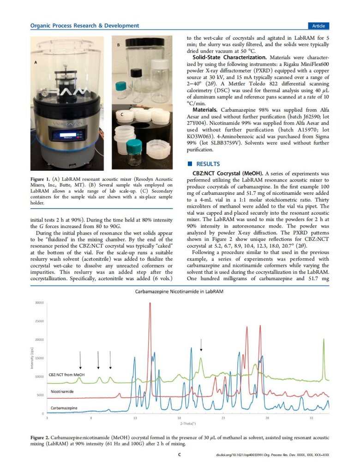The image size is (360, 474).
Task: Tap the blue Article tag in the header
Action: (x=318, y=26)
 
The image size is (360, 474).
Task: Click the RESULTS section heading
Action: (x=209, y=164)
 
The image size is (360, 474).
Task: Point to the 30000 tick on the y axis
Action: (x=38, y=303)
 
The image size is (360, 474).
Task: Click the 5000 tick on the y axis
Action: (x=40, y=395)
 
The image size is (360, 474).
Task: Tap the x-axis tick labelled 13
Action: (x=135, y=418)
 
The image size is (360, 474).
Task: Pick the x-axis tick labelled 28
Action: (x=267, y=418)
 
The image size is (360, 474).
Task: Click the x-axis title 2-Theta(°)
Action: (x=188, y=423)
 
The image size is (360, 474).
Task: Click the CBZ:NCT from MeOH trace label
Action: (x=67, y=375)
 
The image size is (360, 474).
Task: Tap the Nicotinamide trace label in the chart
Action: (x=63, y=391)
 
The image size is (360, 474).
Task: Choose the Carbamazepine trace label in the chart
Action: (x=64, y=408)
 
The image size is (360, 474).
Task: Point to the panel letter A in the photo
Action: (x=36, y=61)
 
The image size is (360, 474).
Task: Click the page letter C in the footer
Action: (x=180, y=455)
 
